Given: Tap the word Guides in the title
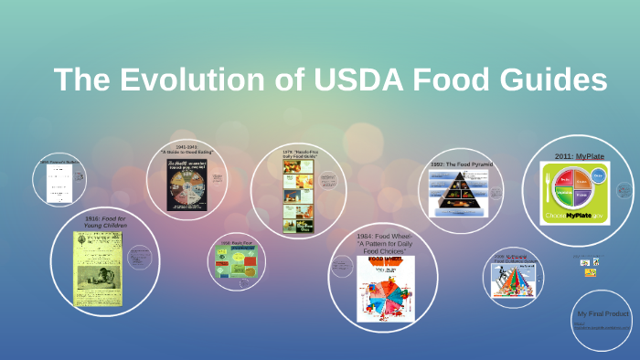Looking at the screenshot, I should point(553,79).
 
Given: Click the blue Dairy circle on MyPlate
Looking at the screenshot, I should point(598,175).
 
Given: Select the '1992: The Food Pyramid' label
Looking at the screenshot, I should point(462,164).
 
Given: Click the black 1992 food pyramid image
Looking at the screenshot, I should point(462,190).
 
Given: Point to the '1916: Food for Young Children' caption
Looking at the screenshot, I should point(105,223).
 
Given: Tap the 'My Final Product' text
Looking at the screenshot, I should point(601,313).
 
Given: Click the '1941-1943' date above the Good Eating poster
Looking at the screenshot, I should point(187,145).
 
